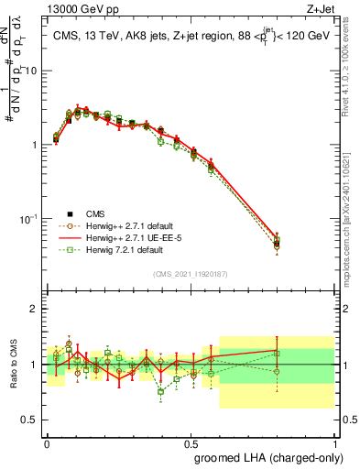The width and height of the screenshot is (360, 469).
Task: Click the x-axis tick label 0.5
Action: pos(192,442)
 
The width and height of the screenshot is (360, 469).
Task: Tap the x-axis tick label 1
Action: pos(337,442)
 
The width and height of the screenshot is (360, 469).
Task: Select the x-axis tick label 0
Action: pos(47,442)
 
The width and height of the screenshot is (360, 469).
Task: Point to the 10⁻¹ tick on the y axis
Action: pos(29,219)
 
